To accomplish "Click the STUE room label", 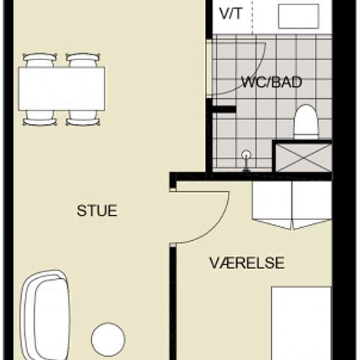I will [x=97, y=211].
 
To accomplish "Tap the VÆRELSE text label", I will [x=247, y=263].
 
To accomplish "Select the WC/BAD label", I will [x=266, y=83].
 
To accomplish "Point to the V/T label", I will [x=230, y=12].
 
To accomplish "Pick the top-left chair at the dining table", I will [x=40, y=60].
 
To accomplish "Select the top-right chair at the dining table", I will [x=83, y=60].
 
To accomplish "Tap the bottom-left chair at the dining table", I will [x=40, y=118].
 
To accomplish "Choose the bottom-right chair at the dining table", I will [x=83, y=118].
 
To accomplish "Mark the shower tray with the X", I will [x=302, y=156].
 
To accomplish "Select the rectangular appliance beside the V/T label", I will [x=298, y=16].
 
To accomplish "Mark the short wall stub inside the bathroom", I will [x=222, y=108].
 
